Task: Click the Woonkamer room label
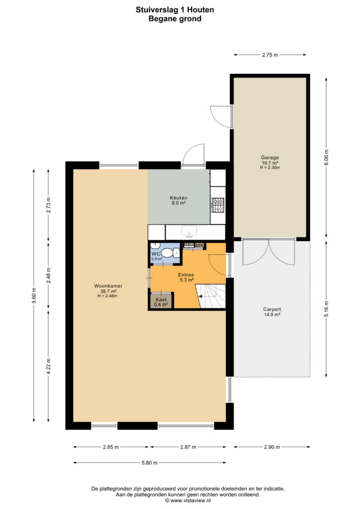(108, 290)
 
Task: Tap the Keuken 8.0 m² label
(179, 200)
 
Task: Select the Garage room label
(270, 163)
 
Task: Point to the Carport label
(271, 312)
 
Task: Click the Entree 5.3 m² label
(186, 277)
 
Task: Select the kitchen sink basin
(189, 231)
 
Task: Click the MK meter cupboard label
(199, 246)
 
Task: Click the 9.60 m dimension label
(34, 296)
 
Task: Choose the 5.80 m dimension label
(149, 463)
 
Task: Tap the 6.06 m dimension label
(326, 157)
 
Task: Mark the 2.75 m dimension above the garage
(270, 55)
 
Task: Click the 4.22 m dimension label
(48, 366)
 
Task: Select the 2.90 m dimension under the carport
(271, 447)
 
